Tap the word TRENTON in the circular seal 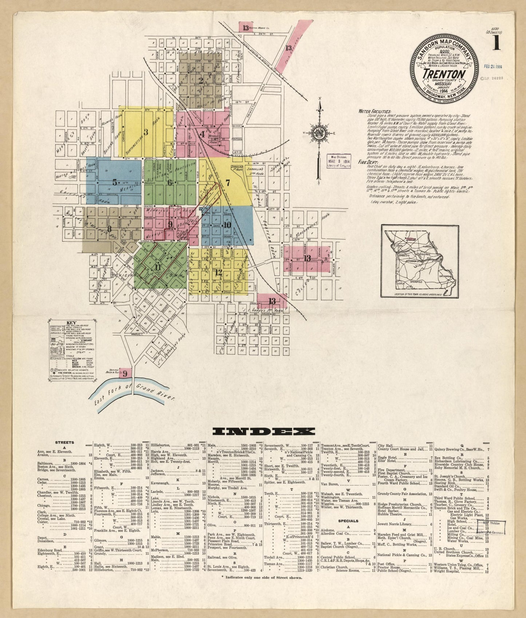coord(444,74)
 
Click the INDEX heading coord(263,432)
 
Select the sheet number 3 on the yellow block coord(146,132)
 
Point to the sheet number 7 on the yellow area coord(228,183)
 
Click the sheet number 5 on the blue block coord(115,182)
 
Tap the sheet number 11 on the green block coord(157,267)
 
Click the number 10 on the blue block coord(227,225)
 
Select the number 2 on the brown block coord(201,80)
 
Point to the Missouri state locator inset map coord(420,261)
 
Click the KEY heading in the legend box coord(71,323)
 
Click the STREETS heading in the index coord(64,442)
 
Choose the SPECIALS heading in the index coord(348,521)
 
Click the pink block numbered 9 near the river coord(124,373)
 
